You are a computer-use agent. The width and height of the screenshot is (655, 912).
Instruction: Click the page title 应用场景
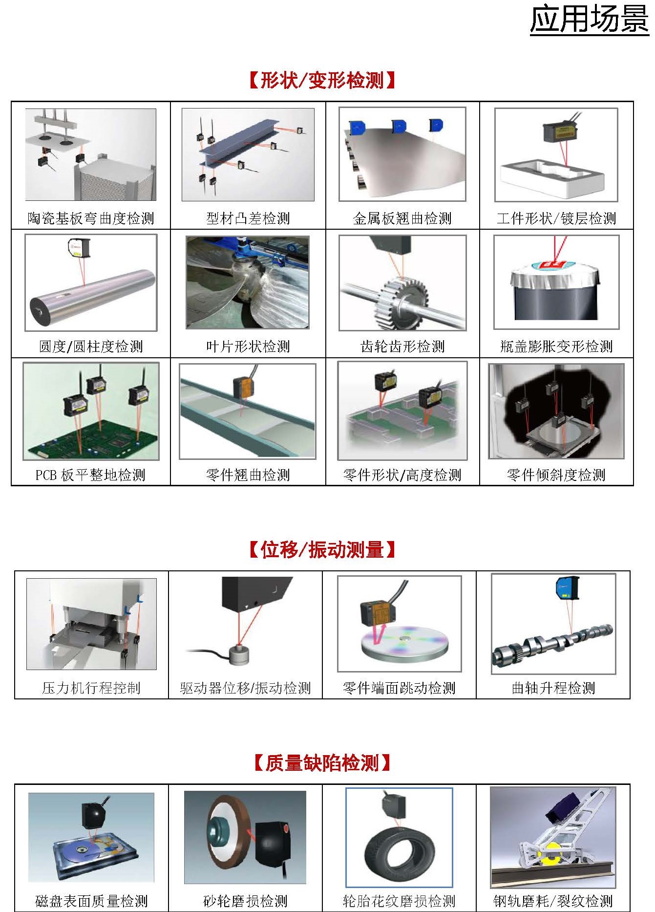[589, 20]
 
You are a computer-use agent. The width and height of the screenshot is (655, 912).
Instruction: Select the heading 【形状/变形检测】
[322, 80]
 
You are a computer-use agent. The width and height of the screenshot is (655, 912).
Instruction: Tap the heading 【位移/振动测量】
[322, 550]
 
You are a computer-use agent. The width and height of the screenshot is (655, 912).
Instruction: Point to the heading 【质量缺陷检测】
[322, 763]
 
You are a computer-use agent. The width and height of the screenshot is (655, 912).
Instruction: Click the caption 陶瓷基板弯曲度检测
[91, 218]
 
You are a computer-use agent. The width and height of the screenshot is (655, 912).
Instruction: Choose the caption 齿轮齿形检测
[402, 347]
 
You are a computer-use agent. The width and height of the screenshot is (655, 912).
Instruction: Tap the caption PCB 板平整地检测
[90, 475]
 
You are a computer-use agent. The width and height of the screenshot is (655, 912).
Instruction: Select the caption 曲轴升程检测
[553, 688]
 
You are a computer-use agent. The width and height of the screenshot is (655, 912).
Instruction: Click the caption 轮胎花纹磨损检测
[399, 901]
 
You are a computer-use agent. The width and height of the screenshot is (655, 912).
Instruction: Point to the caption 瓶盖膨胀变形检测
[556, 347]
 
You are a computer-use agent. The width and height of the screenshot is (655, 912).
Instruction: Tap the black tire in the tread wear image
[399, 851]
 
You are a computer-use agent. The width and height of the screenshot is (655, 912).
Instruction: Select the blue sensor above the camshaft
[567, 587]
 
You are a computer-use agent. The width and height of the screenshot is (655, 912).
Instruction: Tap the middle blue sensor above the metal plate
[399, 126]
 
